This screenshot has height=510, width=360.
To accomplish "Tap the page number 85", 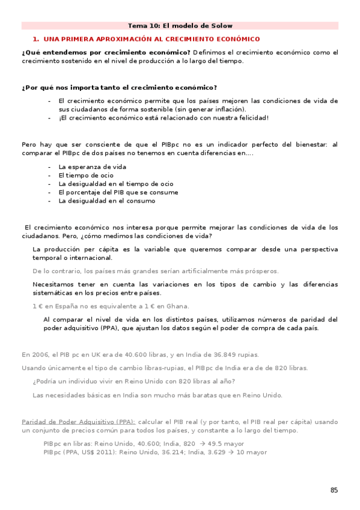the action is [x=334, y=490].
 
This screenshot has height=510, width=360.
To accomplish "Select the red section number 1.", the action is [x=35, y=38].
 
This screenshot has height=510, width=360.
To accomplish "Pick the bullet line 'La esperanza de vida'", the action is [x=92, y=167].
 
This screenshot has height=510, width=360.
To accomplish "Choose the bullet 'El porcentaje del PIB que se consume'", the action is [x=118, y=192].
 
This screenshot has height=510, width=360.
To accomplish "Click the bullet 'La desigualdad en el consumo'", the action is [x=106, y=201].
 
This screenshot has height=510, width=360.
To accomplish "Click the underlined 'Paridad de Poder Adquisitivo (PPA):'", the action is [x=78, y=422].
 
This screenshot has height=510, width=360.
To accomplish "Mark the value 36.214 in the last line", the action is [x=174, y=452].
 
